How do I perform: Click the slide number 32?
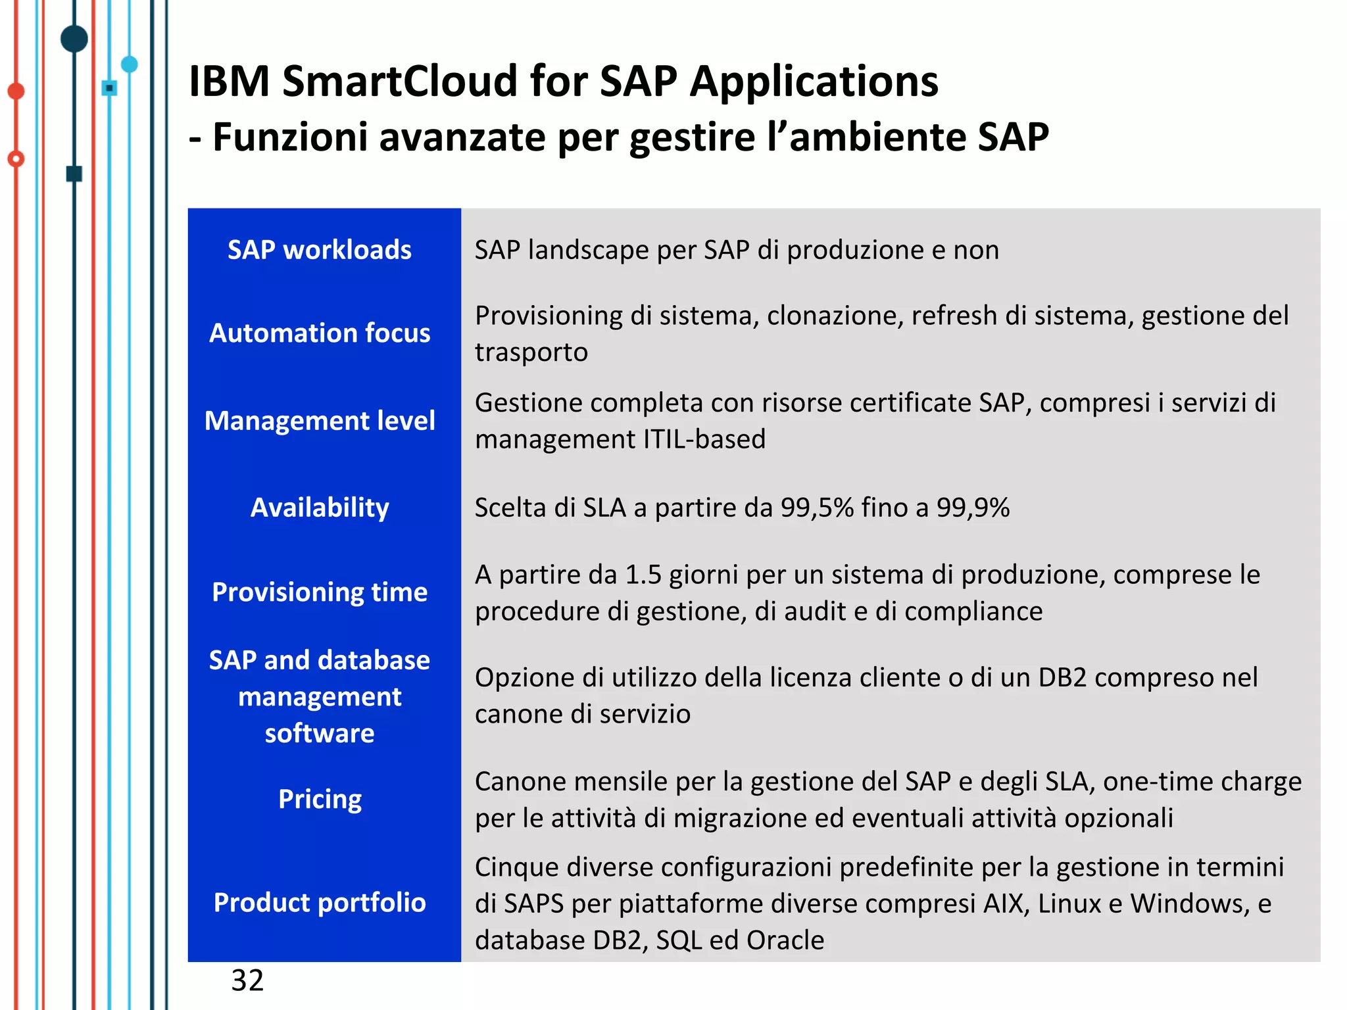click(x=247, y=980)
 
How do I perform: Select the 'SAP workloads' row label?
click(x=320, y=250)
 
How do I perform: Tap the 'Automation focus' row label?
click(x=320, y=333)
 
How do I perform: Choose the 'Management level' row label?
click(x=320, y=421)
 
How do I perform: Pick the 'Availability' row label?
click(x=320, y=508)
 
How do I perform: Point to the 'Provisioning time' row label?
click(x=320, y=592)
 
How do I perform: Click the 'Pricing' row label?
click(x=320, y=799)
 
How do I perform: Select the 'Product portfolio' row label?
click(x=320, y=903)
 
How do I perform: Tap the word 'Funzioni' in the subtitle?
click(x=290, y=137)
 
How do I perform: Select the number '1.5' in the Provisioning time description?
click(x=643, y=575)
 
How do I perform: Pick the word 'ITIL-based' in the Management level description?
click(x=704, y=439)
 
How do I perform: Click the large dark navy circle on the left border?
click(x=74, y=39)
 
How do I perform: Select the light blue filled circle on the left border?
click(x=130, y=64)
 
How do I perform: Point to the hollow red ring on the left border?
click(x=16, y=158)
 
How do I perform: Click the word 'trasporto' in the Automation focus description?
click(x=531, y=352)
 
